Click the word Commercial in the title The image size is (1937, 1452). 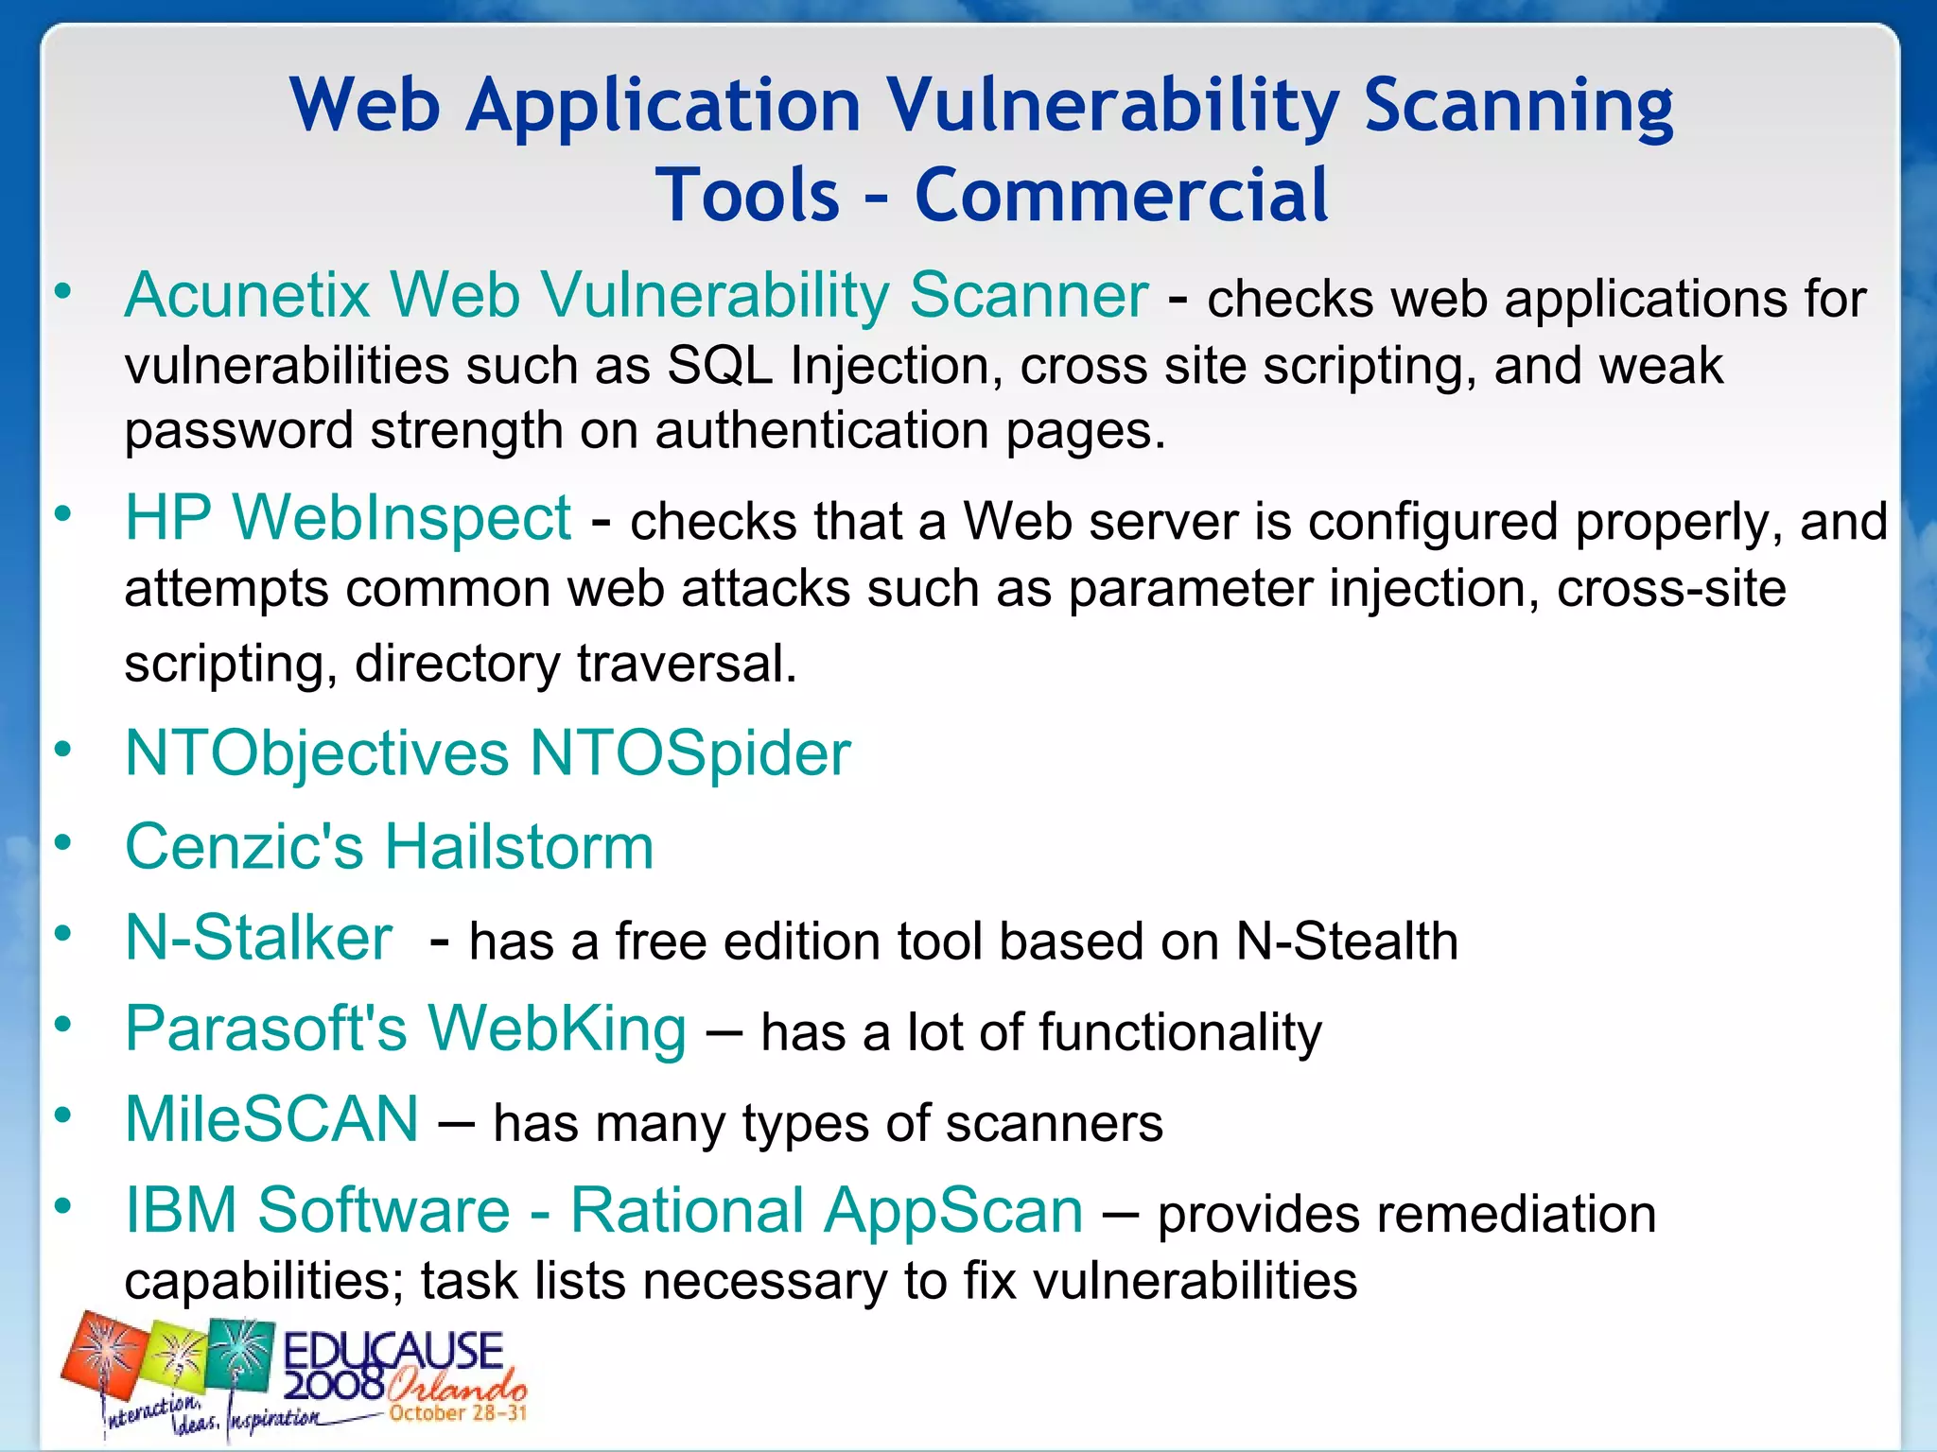[1121, 195]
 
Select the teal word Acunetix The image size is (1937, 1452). [247, 295]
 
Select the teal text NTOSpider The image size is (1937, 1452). [689, 753]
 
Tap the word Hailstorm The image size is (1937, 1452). [518, 846]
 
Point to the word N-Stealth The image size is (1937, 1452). [1347, 942]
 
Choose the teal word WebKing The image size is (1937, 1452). [557, 1028]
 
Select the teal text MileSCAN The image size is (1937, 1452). [272, 1119]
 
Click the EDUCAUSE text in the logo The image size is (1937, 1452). [393, 1351]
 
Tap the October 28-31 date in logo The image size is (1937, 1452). [457, 1413]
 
